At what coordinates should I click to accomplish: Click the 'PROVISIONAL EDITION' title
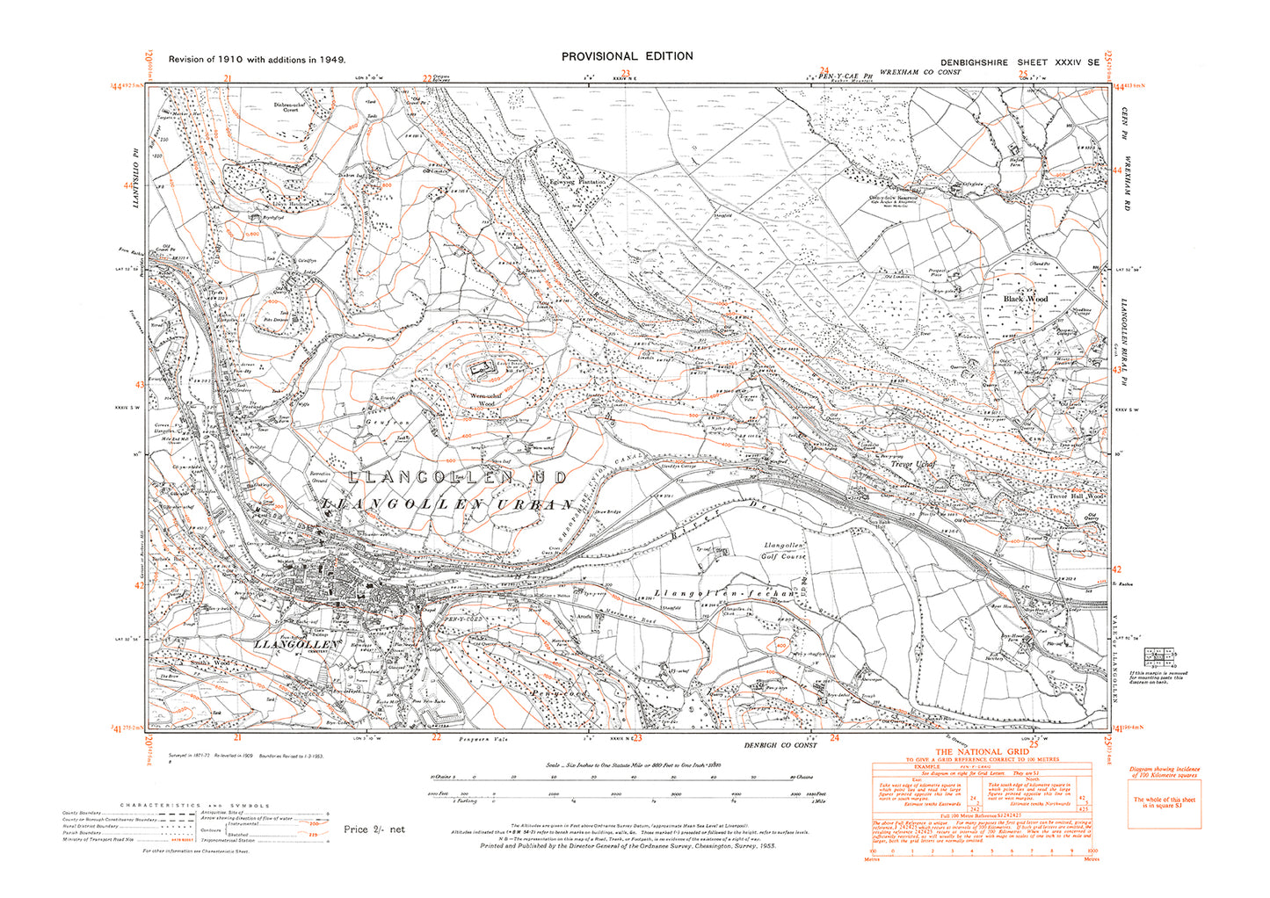[627, 55]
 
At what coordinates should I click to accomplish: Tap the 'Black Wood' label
[1026, 300]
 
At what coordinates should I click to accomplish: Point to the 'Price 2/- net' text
[374, 829]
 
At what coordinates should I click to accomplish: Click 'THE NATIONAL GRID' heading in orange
[980, 751]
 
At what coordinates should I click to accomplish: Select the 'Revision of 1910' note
[257, 60]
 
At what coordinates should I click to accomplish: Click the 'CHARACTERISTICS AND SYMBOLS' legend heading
[194, 806]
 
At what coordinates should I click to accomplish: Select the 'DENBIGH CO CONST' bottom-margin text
[780, 745]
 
